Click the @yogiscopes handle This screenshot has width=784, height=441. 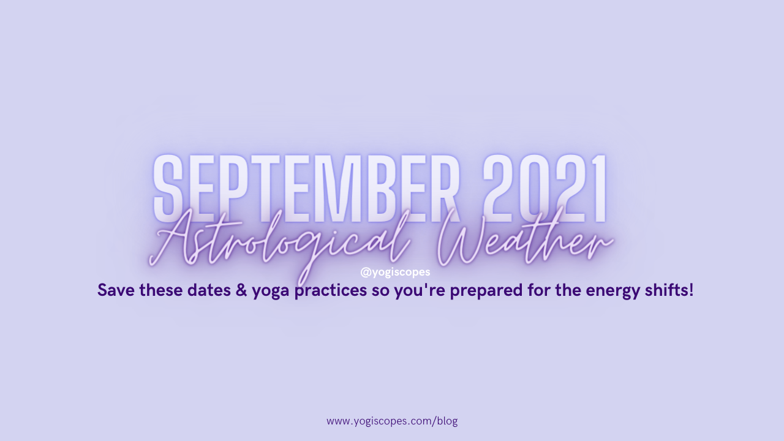click(395, 272)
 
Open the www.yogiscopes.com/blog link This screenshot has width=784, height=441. click(392, 421)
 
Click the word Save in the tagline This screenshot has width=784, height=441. click(116, 290)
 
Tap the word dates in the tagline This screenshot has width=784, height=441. click(209, 290)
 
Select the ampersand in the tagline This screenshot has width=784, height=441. click(241, 290)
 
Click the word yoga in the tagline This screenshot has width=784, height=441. click(271, 292)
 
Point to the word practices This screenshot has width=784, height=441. click(330, 291)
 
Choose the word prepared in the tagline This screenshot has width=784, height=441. click(486, 291)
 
